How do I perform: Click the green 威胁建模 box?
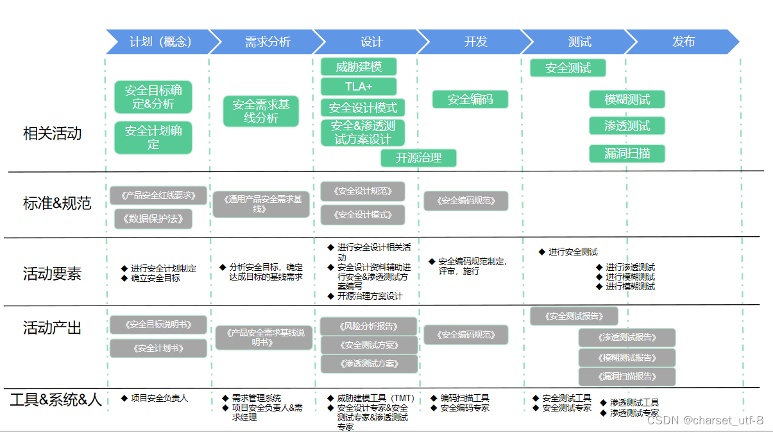tap(359, 67)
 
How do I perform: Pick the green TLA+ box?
tap(359, 87)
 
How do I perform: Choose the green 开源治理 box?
tap(418, 157)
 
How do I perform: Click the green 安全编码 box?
tap(470, 99)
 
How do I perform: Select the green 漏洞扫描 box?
tap(627, 153)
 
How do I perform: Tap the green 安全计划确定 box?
tap(153, 137)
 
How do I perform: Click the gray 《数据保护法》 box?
tap(153, 218)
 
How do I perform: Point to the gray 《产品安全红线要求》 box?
tap(158, 195)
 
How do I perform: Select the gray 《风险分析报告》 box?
tap(368, 326)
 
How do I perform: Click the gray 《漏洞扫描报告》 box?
tap(627, 376)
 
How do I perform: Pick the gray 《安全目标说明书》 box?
tap(158, 325)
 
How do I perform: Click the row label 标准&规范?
tap(57, 203)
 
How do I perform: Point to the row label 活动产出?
tap(53, 328)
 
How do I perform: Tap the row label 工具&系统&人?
tap(56, 400)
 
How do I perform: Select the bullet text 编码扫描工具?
tap(464, 398)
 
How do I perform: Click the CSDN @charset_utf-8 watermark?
tap(704, 420)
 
